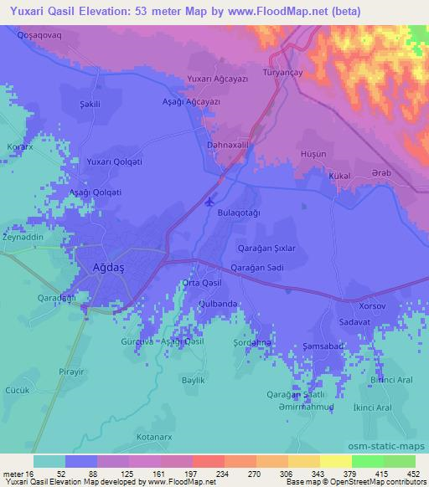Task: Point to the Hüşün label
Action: click(x=313, y=156)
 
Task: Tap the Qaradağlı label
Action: click(x=56, y=297)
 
